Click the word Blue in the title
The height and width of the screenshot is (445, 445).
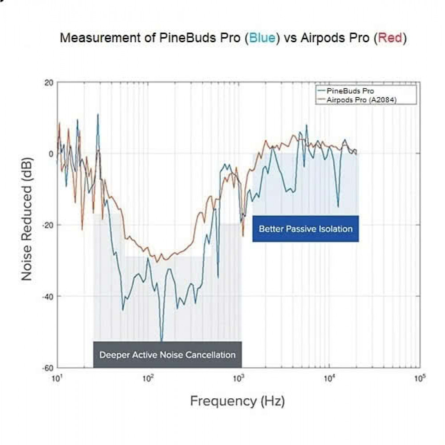point(262,38)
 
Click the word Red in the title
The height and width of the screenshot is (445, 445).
point(390,38)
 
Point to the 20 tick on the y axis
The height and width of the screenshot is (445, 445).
point(49,83)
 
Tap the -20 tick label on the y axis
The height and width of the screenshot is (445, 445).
point(47,225)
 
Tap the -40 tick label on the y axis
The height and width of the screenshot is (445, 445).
point(47,296)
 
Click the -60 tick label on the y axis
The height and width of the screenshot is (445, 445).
point(47,368)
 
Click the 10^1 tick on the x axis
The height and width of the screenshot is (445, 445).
point(57,379)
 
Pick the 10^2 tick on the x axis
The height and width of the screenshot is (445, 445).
point(148,379)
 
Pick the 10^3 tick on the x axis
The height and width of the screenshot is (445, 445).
point(239,379)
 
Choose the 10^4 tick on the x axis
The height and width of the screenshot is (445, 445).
point(329,379)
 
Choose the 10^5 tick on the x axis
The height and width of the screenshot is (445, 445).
point(420,379)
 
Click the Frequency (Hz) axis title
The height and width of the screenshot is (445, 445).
point(237,401)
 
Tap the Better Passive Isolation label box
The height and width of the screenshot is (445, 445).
point(306,229)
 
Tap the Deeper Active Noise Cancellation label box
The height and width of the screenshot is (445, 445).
point(167,355)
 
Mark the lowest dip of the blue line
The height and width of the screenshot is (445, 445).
point(161,340)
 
